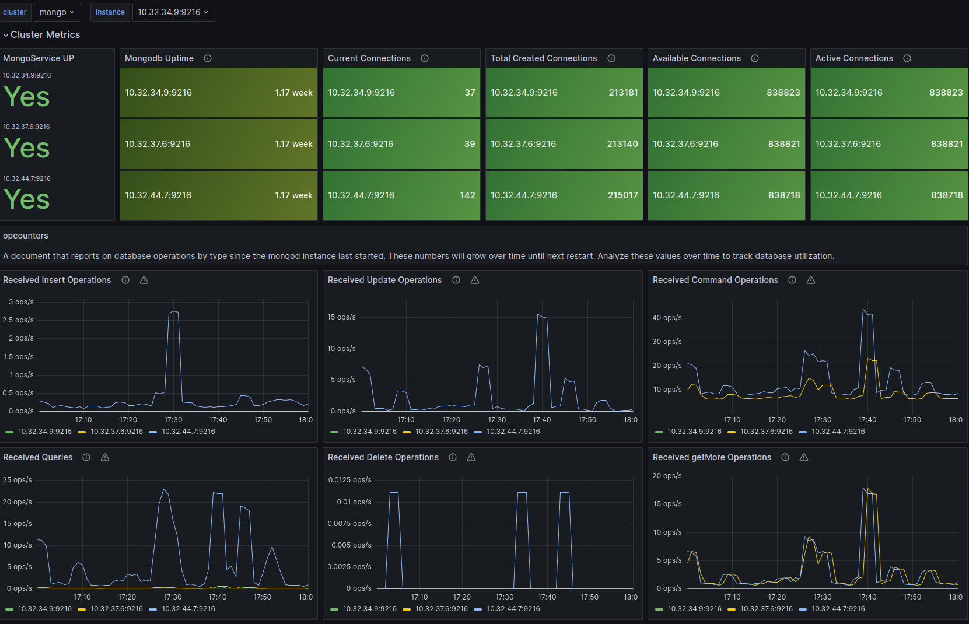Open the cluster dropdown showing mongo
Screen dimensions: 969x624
57,12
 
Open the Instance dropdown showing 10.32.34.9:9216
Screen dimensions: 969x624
173,12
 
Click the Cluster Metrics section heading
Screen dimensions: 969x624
45,34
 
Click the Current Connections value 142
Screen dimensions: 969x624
467,195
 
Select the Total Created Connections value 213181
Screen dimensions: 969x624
623,93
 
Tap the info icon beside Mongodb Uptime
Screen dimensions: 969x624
208,58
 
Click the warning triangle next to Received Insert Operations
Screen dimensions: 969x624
144,280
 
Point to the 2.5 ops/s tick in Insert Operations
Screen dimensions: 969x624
18,320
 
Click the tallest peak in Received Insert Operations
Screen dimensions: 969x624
173,311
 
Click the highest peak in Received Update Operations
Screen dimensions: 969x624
538,314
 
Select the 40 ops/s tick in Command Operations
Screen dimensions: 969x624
667,318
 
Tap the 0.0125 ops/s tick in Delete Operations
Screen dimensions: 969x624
349,480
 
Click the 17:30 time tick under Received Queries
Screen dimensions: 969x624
173,597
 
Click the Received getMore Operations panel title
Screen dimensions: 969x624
712,458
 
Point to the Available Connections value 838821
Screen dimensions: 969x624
784,144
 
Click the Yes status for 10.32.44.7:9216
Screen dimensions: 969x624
27,200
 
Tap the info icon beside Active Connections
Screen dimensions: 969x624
907,58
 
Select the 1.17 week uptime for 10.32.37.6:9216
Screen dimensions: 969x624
293,144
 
